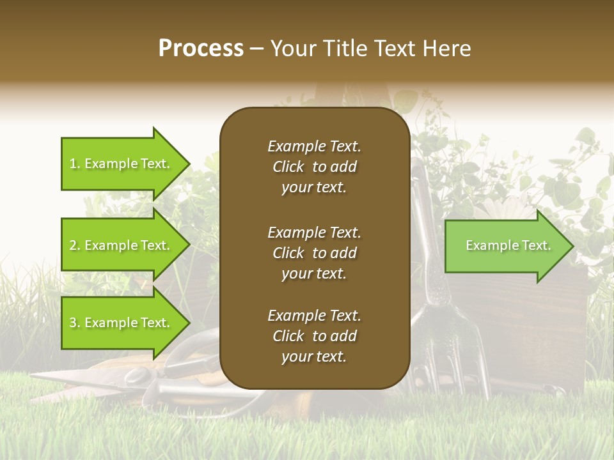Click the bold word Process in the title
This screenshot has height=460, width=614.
(201, 49)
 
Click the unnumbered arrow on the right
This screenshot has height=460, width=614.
(505, 246)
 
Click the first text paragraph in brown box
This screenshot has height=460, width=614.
(314, 167)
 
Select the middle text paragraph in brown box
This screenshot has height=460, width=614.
(314, 253)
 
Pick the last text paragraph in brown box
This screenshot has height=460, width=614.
(314, 336)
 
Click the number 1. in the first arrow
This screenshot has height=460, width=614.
(75, 164)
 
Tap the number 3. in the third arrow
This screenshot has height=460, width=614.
(75, 323)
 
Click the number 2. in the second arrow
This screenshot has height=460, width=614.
(75, 245)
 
